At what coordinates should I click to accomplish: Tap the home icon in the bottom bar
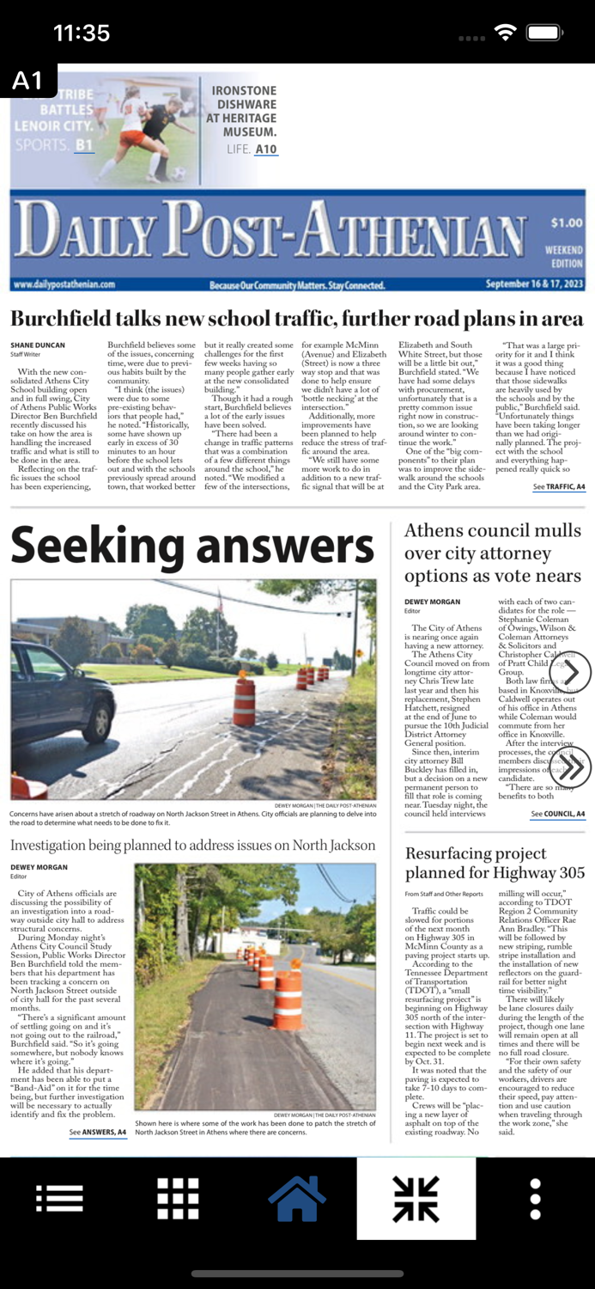[297, 1198]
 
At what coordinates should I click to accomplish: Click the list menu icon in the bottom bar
[59, 1198]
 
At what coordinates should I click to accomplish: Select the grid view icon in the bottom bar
[178, 1198]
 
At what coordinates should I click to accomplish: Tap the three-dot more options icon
[535, 1198]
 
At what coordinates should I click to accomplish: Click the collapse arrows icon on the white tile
[416, 1198]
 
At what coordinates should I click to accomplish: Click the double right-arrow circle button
[571, 767]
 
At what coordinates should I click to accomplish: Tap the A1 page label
[27, 81]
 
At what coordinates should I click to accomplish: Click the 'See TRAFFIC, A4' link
[558, 487]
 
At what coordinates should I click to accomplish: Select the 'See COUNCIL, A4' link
[557, 814]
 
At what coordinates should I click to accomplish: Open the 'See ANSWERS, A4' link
[98, 1133]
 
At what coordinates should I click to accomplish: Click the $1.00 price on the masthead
[566, 223]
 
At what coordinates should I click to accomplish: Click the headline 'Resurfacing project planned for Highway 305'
[495, 863]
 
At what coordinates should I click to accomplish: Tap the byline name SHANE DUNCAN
[38, 345]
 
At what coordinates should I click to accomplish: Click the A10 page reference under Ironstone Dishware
[266, 150]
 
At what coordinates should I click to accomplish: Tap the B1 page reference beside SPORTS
[84, 145]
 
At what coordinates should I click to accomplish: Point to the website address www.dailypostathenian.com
[64, 284]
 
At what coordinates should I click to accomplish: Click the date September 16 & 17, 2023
[534, 284]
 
